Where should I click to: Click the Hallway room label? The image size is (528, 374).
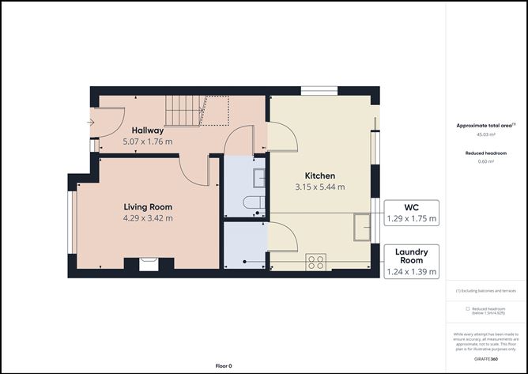(148, 130)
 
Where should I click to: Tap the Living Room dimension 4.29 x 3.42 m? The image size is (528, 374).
(148, 217)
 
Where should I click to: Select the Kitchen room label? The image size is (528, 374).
(320, 176)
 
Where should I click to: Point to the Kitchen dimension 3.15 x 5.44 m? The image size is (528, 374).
(320, 187)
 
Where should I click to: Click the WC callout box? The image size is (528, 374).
(411, 213)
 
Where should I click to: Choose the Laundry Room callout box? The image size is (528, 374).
(411, 262)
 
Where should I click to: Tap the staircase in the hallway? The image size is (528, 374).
(183, 111)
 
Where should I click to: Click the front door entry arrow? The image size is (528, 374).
(91, 122)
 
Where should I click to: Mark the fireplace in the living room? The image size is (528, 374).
(148, 264)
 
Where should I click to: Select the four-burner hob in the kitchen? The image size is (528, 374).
(315, 261)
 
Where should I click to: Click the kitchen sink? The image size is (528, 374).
(363, 227)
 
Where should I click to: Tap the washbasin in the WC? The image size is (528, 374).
(258, 175)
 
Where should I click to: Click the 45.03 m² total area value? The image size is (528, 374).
(485, 135)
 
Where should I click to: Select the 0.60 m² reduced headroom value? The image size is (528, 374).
(485, 161)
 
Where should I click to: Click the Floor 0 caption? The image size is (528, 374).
(224, 366)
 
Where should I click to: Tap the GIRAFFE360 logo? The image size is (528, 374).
(485, 359)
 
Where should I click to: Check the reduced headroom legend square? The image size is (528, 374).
(467, 308)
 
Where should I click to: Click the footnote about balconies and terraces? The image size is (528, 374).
(485, 290)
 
